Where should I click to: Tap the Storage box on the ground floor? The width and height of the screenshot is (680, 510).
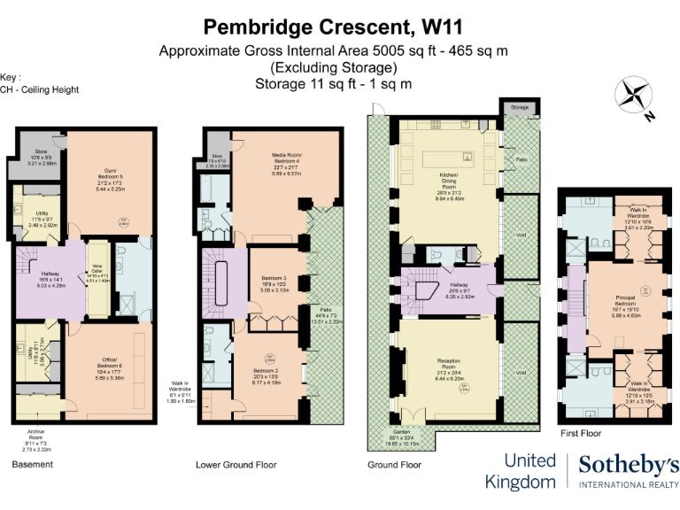tap(520, 107)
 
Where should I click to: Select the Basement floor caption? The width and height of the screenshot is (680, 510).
tap(32, 464)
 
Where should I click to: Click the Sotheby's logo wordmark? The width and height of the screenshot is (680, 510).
tap(629, 465)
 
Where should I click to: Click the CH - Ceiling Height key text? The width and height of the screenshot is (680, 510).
tap(40, 89)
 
